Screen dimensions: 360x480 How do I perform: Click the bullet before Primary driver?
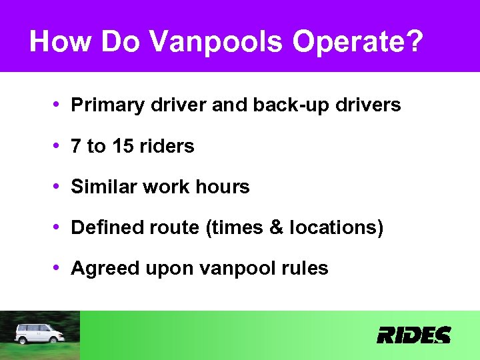click(x=59, y=105)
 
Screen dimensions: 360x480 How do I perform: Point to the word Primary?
click(x=105, y=105)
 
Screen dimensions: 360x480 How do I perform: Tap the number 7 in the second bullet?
click(x=76, y=147)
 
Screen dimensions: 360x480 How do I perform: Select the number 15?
click(x=123, y=147)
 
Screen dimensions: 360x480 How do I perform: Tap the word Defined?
click(x=103, y=228)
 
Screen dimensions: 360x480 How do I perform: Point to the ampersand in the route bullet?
click(x=277, y=228)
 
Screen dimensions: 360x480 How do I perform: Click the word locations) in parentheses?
click(x=337, y=228)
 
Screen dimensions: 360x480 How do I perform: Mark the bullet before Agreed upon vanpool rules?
click(x=59, y=268)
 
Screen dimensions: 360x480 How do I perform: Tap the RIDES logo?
click(x=413, y=335)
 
